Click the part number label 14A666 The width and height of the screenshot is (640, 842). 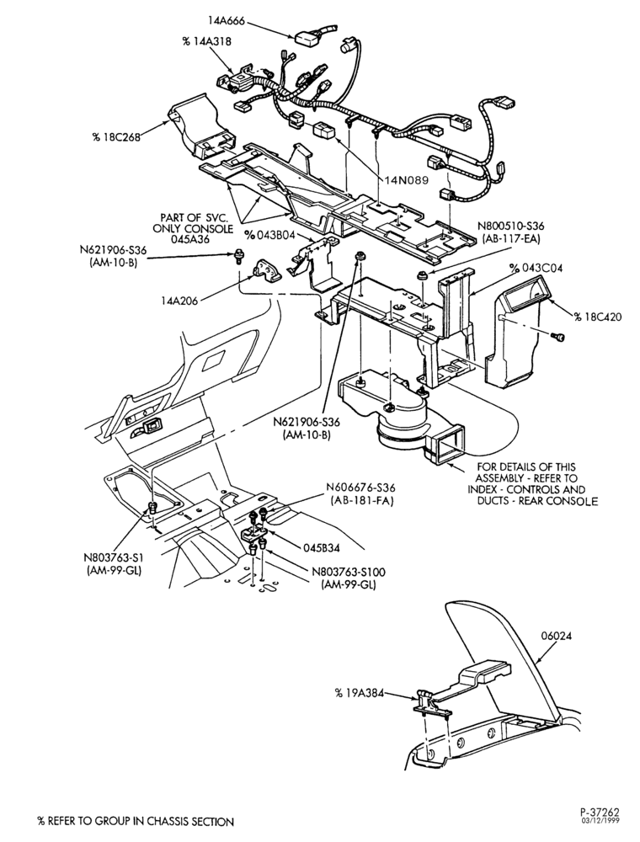(227, 21)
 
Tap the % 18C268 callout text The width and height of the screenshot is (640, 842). (115, 137)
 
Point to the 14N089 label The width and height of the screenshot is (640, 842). (406, 180)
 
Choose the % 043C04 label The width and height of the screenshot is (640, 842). (536, 268)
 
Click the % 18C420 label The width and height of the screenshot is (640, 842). (598, 317)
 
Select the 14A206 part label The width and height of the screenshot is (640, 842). (179, 301)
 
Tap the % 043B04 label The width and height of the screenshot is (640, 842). (269, 235)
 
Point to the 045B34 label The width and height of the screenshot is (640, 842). (321, 548)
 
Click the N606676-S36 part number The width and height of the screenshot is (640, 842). (360, 488)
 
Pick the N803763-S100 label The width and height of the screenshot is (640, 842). (349, 573)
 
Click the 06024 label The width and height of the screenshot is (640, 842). (557, 637)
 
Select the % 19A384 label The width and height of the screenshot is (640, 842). (360, 693)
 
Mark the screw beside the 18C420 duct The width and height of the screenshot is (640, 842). (558, 337)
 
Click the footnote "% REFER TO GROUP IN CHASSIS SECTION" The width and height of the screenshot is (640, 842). (136, 822)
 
